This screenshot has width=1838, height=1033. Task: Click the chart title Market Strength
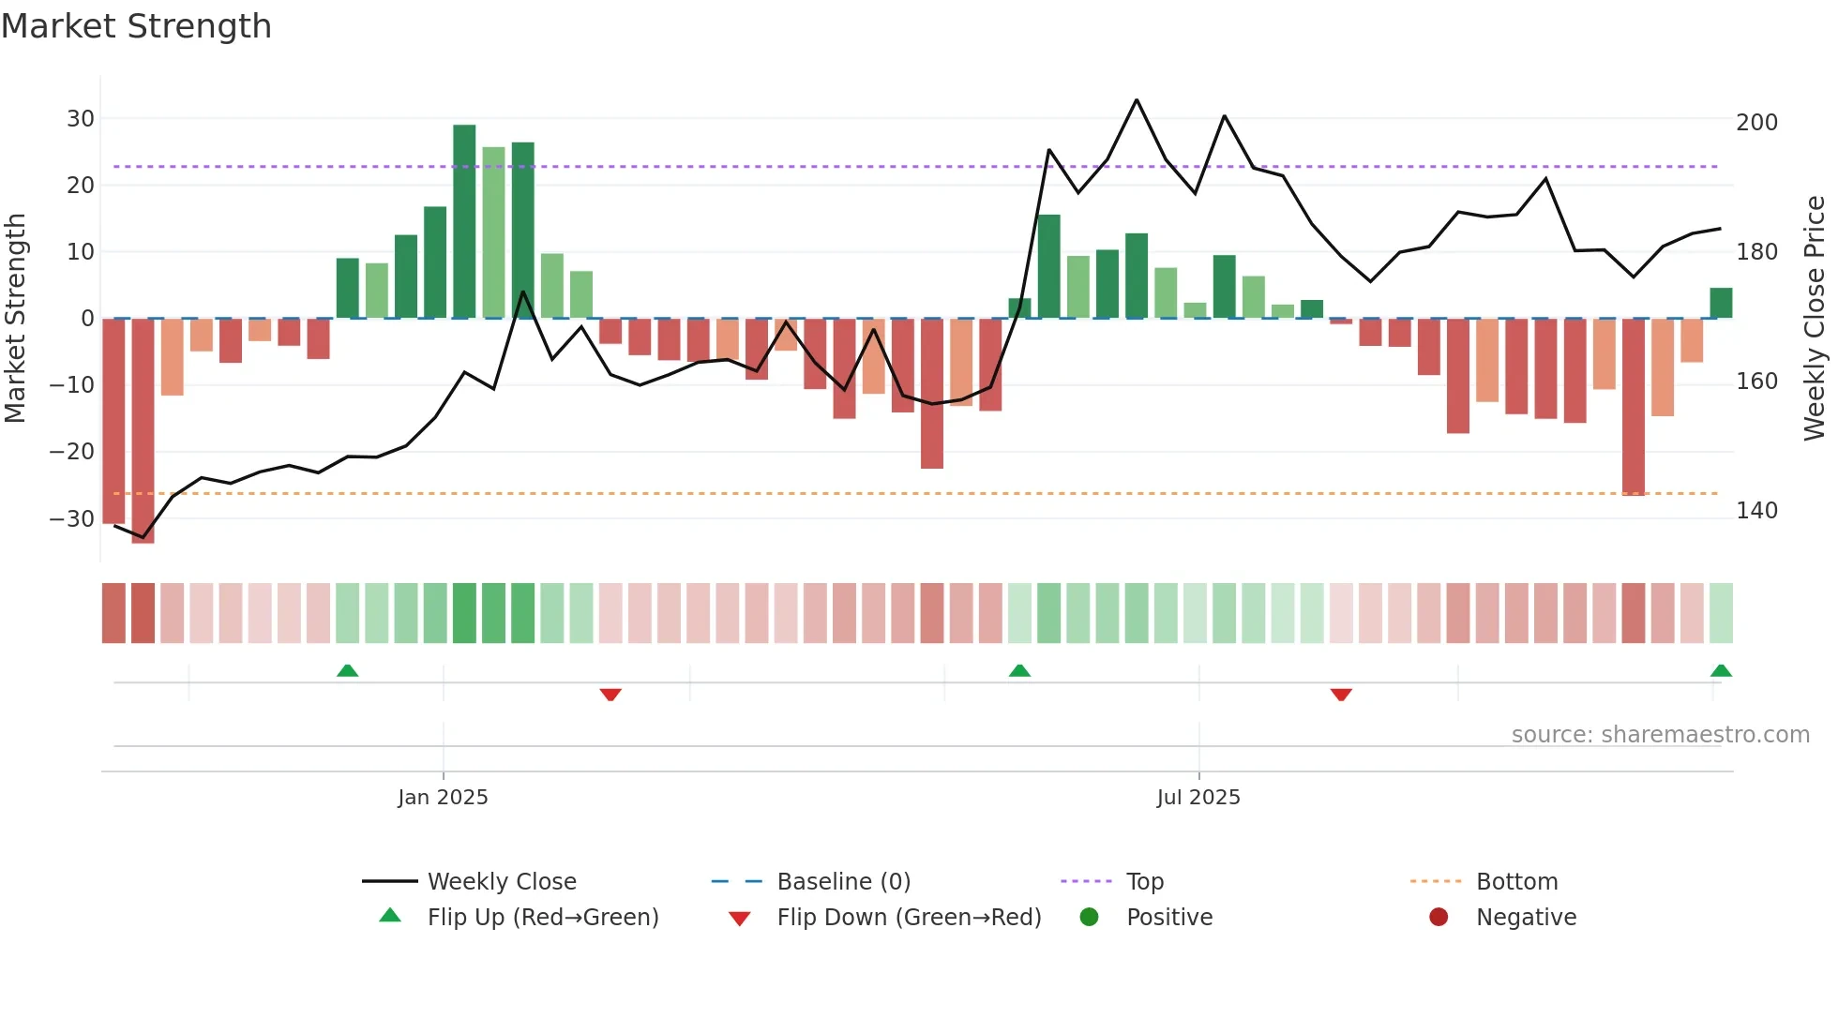pyautogui.click(x=136, y=26)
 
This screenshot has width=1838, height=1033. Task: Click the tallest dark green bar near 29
pyautogui.click(x=464, y=221)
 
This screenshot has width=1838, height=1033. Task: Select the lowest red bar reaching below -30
pyautogui.click(x=143, y=431)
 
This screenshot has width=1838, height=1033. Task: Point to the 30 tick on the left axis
pyautogui.click(x=81, y=119)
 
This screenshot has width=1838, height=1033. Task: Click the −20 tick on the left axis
pyautogui.click(x=72, y=452)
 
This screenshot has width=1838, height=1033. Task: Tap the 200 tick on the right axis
pyautogui.click(x=1756, y=123)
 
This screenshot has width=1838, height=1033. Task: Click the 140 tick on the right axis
pyautogui.click(x=1756, y=511)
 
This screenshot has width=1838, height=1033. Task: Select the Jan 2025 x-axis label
pyautogui.click(x=443, y=798)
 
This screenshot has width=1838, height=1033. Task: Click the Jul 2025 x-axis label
pyautogui.click(x=1198, y=798)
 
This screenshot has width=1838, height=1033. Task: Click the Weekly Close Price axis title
pyautogui.click(x=1815, y=319)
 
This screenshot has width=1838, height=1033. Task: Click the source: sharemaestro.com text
pyautogui.click(x=1660, y=735)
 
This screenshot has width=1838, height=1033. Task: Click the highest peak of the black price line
pyautogui.click(x=1137, y=100)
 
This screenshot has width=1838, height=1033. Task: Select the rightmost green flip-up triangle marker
pyautogui.click(x=1721, y=671)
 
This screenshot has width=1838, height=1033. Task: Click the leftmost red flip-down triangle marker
pyautogui.click(x=610, y=695)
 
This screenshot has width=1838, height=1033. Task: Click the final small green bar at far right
pyautogui.click(x=1721, y=303)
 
